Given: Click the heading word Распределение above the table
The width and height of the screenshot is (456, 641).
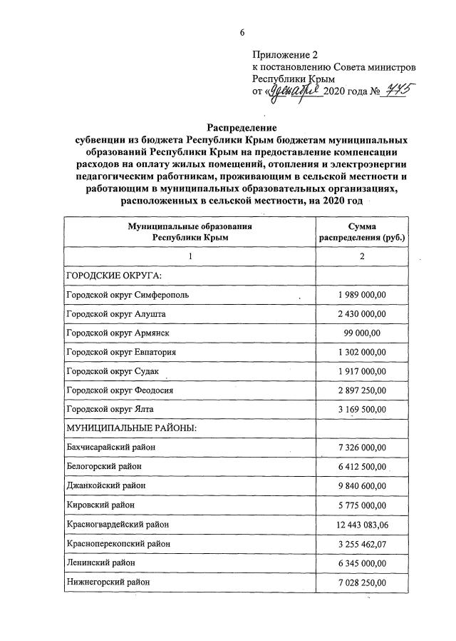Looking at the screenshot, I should click(243, 126).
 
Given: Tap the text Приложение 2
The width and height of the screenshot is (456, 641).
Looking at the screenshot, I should click(283, 55).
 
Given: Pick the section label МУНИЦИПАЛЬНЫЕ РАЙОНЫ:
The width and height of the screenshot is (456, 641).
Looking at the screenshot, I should click(130, 428).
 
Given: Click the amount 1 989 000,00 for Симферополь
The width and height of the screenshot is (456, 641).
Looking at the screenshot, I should click(363, 295).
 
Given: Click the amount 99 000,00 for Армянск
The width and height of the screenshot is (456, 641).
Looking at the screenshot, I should click(363, 333).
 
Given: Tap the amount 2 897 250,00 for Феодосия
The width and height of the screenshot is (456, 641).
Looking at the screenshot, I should click(363, 390).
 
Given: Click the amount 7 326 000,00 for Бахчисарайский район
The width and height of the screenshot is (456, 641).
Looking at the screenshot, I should click(363, 448).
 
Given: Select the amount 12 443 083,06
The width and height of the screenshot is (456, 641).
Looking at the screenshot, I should click(363, 525).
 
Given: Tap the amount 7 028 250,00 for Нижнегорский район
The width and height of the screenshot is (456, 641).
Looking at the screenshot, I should click(363, 582).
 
